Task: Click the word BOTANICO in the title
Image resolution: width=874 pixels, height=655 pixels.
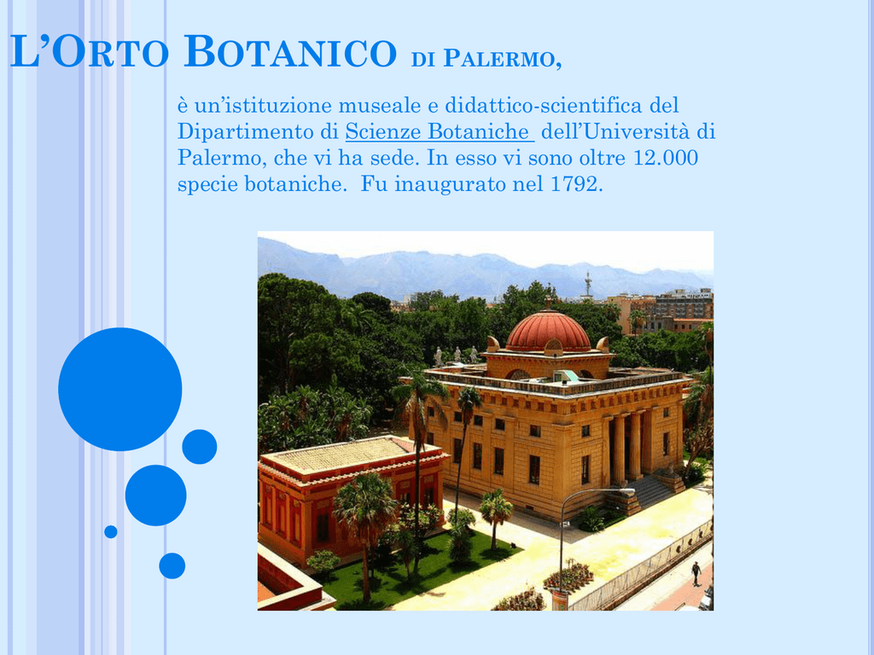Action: pyautogui.click(x=290, y=51)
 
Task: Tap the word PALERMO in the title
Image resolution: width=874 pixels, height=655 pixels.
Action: pyautogui.click(x=502, y=59)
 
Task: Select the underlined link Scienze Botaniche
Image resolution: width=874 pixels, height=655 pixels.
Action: pyautogui.click(x=440, y=131)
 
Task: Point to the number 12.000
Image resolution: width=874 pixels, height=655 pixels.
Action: pyautogui.click(x=666, y=158)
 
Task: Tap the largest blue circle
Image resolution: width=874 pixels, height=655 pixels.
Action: pyautogui.click(x=119, y=389)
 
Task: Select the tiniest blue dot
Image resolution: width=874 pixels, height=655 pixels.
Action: pyautogui.click(x=111, y=532)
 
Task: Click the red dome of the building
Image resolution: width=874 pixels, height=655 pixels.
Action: pyautogui.click(x=549, y=332)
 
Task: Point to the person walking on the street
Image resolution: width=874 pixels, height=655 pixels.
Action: pyautogui.click(x=696, y=573)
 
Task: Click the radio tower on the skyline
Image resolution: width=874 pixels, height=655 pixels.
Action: pyautogui.click(x=588, y=284)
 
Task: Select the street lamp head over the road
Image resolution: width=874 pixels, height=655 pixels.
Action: pyautogui.click(x=624, y=490)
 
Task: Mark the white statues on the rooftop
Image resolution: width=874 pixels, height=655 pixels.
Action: pyautogui.click(x=457, y=355)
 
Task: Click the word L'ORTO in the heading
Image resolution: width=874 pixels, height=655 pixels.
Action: pyautogui.click(x=89, y=51)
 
